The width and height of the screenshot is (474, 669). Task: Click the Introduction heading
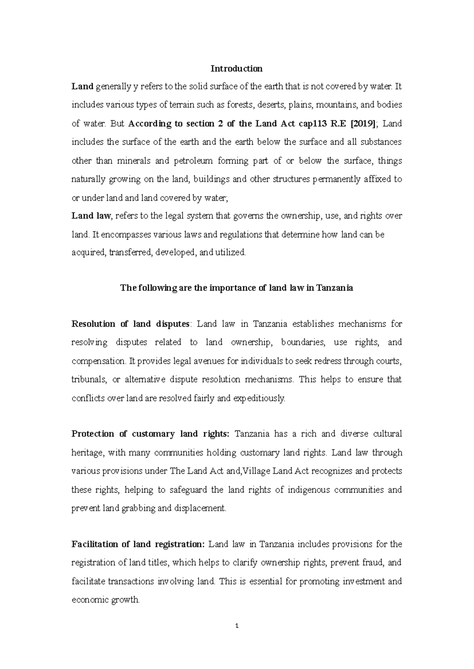coord(236,69)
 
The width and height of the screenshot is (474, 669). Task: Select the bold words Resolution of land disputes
coord(131,324)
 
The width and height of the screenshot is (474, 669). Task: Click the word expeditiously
coord(259,398)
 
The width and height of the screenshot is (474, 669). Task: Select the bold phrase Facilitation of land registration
coord(138,544)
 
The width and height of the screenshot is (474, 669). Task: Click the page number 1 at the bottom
coord(237,626)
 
